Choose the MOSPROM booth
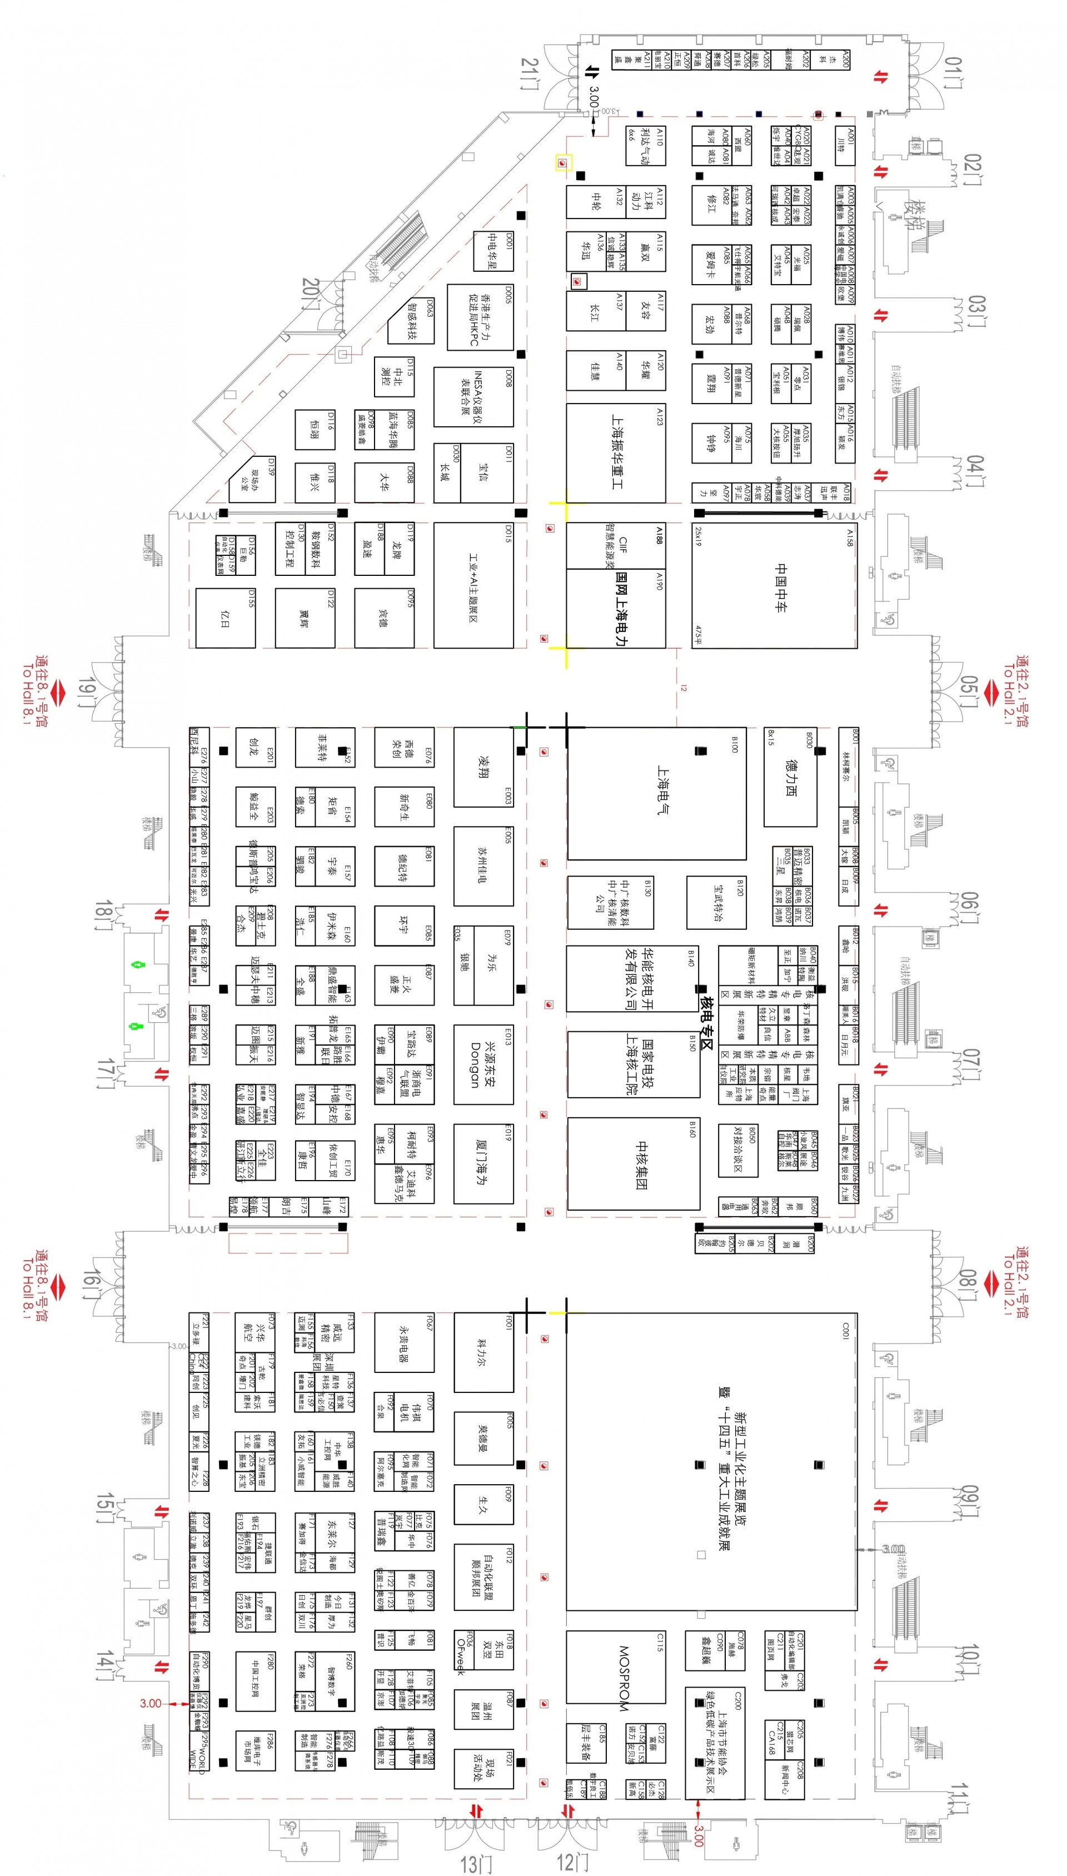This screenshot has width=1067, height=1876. pos(616,1678)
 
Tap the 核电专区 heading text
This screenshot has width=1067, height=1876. pos(707,1022)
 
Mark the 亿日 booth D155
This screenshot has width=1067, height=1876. pos(225,618)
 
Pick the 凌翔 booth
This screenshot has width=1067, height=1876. pos(483,767)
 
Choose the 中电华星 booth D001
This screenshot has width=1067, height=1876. pos(492,251)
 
